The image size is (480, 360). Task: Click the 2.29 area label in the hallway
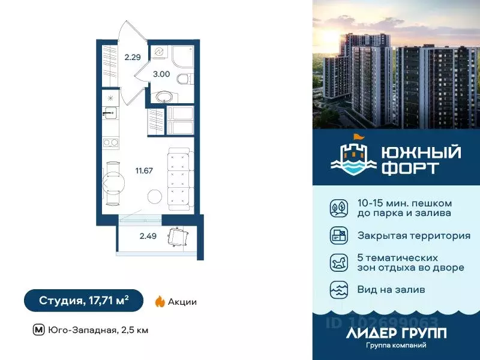[133, 58]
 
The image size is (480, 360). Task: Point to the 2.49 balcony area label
[148, 236]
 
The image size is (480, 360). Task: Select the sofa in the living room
[179, 178]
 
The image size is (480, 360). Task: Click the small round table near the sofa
[155, 197]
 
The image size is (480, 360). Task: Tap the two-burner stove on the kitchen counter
[110, 143]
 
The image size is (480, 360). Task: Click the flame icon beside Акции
[160, 301]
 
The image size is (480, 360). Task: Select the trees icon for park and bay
[338, 208]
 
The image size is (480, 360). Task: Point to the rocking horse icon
[338, 263]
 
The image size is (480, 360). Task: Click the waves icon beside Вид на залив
[338, 290]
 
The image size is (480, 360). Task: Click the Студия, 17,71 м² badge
[83, 301]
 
